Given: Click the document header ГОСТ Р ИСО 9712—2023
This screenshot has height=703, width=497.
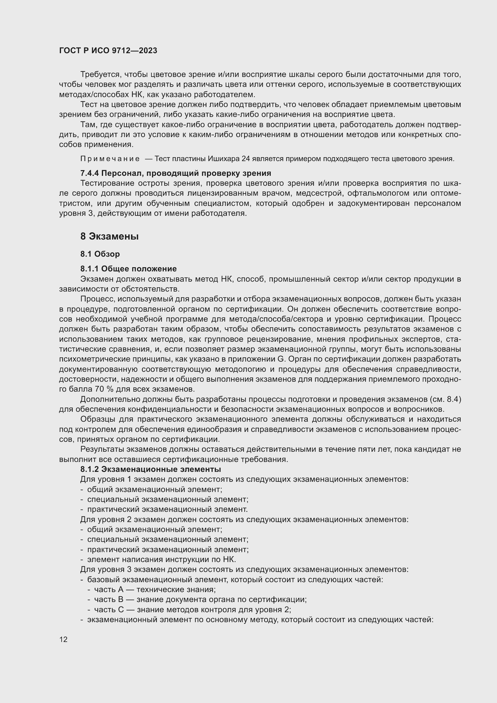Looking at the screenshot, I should [108, 51].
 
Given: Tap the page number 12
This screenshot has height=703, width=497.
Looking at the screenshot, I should [63, 639].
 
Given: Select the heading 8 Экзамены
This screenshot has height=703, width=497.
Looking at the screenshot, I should [109, 236].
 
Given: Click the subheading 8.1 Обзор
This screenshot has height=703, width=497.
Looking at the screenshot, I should [100, 254].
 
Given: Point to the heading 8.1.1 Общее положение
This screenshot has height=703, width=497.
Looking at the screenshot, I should [129, 269].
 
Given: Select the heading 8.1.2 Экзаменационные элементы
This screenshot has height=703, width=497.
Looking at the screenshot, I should [151, 469].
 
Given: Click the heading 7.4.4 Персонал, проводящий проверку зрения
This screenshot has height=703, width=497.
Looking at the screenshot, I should [176, 173].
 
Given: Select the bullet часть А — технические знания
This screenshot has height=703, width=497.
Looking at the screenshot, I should [155, 589].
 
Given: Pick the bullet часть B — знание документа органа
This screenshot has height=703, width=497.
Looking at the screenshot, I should [200, 600].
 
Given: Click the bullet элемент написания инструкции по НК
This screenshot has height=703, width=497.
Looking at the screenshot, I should [161, 559].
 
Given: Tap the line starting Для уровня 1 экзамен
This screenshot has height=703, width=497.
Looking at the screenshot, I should [244, 479].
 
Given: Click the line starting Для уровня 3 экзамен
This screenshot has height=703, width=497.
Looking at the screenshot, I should [244, 570].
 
